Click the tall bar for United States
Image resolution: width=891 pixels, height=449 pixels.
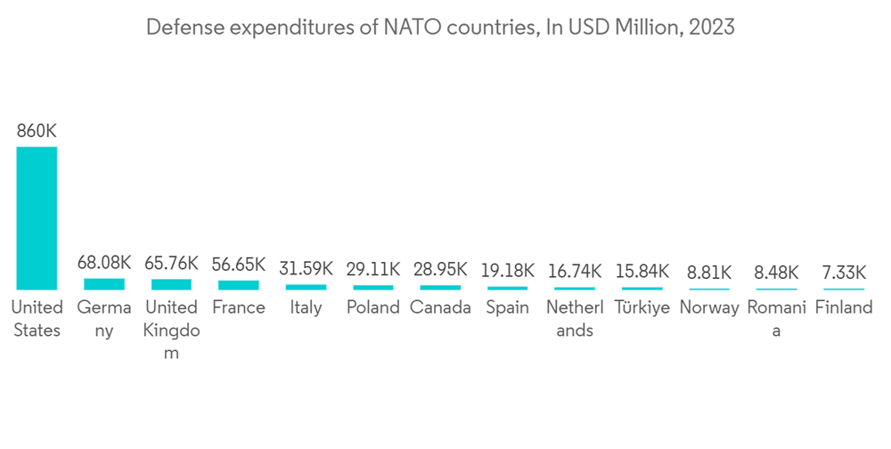37,217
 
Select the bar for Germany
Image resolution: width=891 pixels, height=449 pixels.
104,284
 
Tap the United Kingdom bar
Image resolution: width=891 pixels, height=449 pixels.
171,284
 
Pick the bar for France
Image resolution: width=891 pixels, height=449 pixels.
239,285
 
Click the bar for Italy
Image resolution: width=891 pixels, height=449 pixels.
306,287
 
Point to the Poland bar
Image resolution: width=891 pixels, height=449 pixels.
373,287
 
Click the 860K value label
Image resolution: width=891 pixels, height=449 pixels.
37,131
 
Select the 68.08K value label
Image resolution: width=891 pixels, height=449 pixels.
104,264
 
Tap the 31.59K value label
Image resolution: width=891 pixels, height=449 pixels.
306,267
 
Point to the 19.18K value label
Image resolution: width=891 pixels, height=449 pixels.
508,268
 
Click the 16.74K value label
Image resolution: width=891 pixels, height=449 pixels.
575,269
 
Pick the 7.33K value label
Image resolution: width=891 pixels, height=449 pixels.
844,271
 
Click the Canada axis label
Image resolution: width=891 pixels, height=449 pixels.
440,308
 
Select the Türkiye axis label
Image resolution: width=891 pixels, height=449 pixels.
642,308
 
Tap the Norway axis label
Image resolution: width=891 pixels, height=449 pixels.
709,308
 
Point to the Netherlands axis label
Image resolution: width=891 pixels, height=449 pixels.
575,319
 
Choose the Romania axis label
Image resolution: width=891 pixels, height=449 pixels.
777,319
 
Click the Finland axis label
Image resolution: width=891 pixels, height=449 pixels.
844,308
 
